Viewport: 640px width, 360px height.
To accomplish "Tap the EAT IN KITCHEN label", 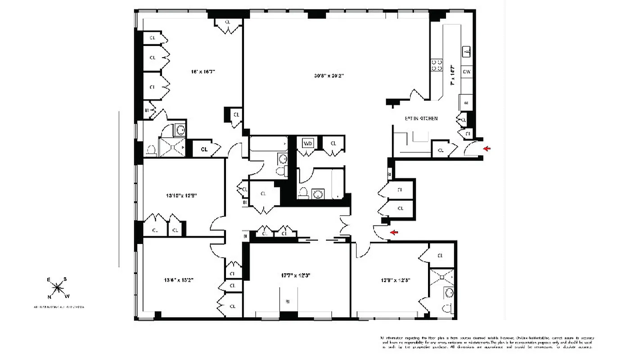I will coord(421,118).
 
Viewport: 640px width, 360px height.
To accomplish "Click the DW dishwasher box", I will coord(467,72).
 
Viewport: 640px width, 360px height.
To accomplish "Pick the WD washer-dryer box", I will coord(308,144).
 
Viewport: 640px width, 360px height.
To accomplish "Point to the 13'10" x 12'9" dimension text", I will coord(182,196).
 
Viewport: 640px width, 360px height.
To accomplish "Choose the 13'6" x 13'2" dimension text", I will coord(179,279).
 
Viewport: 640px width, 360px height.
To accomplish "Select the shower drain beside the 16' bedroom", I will coord(172,146).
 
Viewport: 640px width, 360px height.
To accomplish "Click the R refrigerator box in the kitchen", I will coord(466,103).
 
